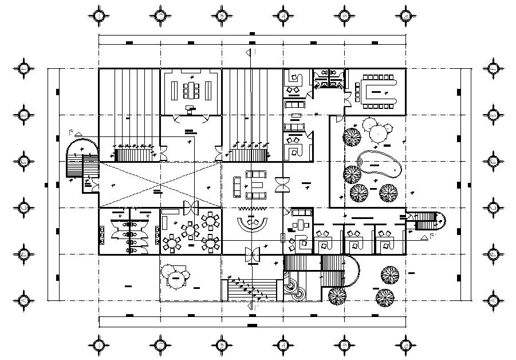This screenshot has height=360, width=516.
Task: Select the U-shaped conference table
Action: (376, 91)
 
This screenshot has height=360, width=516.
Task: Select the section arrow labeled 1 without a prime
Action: (250, 52)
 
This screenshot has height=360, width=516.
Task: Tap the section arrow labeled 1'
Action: (251, 307)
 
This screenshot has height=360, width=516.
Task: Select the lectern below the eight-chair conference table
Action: (190, 108)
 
